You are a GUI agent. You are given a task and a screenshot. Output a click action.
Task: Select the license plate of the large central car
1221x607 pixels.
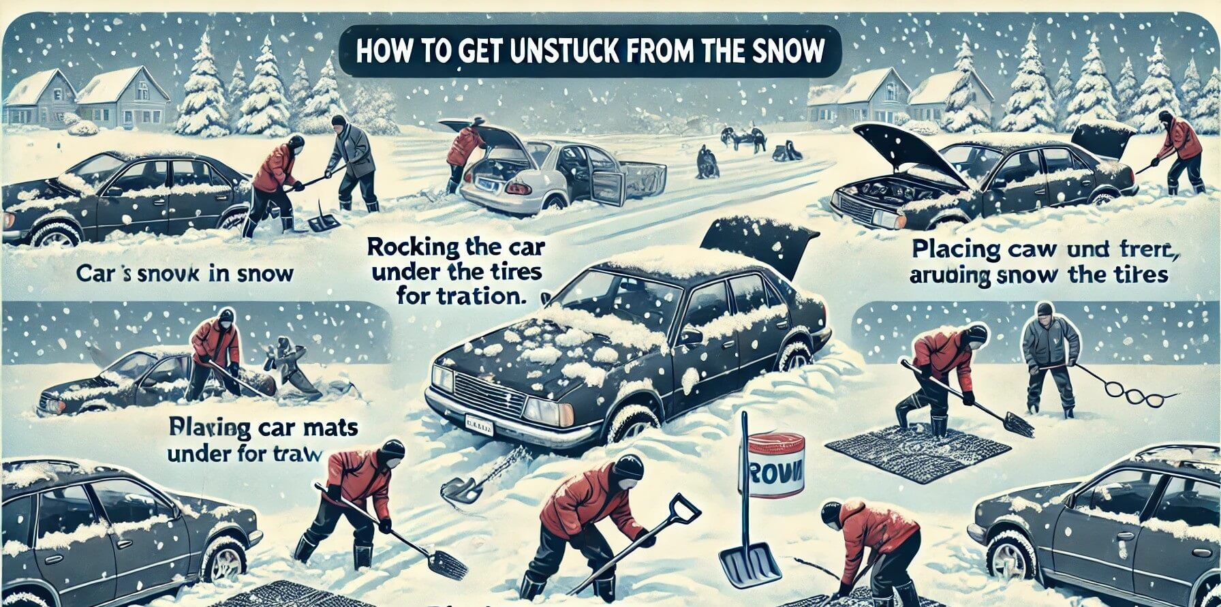(481, 429)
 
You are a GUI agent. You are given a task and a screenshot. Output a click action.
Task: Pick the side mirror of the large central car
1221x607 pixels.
(690, 336)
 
